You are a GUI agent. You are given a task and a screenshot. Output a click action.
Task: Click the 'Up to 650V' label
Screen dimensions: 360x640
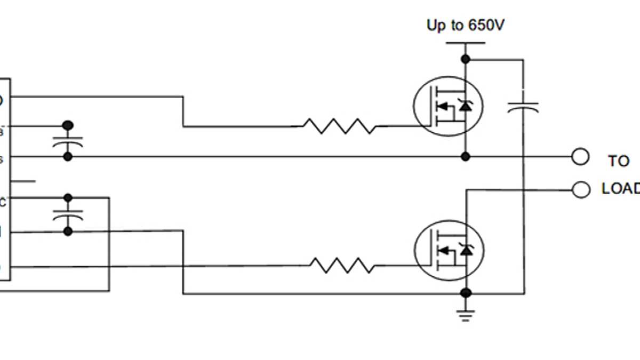coord(465,25)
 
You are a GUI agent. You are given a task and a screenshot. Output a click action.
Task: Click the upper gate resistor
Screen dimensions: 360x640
coord(339,126)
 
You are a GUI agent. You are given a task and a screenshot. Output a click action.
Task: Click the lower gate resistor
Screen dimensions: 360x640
coord(342,266)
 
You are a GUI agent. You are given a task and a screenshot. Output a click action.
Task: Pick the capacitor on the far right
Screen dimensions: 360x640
coord(523,106)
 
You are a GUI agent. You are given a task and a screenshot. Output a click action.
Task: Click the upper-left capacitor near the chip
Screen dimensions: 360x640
coord(68,142)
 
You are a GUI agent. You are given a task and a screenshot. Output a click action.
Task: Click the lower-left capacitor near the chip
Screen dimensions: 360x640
coord(68,215)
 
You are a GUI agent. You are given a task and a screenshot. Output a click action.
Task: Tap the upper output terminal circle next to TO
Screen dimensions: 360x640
coord(580,157)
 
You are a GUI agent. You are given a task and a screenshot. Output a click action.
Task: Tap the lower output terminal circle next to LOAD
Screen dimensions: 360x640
coord(580,189)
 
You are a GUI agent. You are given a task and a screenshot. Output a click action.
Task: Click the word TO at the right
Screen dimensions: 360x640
coord(619,161)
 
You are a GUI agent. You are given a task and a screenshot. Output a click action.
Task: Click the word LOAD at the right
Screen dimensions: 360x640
coord(621,189)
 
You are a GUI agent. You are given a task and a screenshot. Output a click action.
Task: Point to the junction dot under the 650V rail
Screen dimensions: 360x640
coord(466,59)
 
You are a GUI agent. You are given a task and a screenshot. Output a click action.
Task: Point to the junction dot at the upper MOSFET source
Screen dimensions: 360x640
coord(466,157)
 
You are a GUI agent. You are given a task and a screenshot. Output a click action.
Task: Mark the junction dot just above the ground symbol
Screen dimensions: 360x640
coord(466,293)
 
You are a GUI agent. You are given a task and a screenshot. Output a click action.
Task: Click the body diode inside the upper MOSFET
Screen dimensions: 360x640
coord(466,106)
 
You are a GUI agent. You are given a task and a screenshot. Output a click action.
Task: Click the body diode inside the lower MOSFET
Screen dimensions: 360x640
coord(466,250)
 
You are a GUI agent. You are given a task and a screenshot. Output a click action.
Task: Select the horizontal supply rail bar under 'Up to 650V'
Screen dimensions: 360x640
coord(466,43)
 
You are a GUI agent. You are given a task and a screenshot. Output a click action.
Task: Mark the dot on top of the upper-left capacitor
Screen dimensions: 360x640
coord(68,125)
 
